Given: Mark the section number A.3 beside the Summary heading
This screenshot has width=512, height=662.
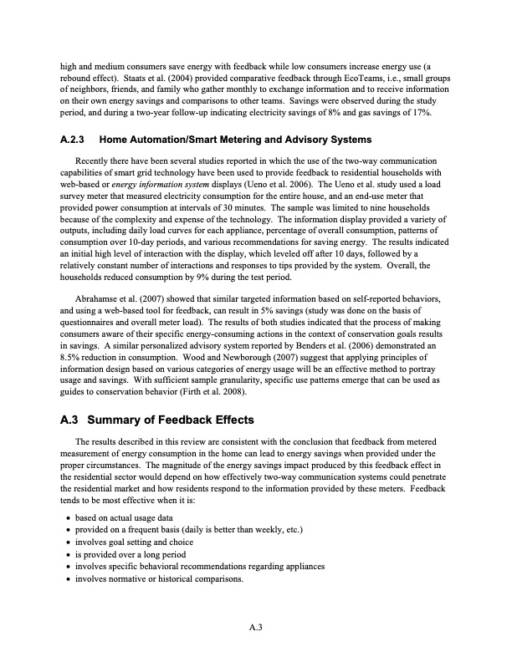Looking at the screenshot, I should click(69, 420).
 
